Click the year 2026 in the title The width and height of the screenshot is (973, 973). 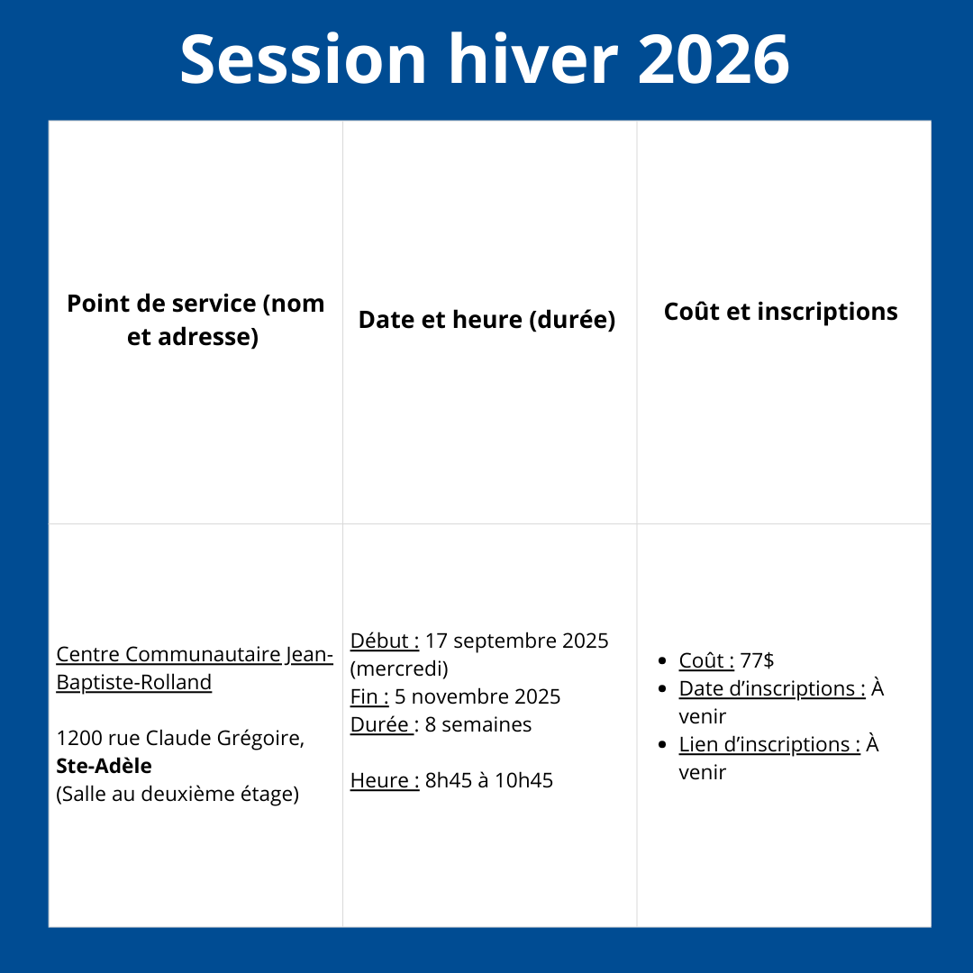(x=714, y=59)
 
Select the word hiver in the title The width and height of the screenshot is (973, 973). (x=533, y=59)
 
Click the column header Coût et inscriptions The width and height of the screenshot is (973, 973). (x=780, y=312)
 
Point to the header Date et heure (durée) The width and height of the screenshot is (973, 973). (x=487, y=320)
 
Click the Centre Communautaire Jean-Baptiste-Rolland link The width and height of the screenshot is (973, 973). (x=195, y=668)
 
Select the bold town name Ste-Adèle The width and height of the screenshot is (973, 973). (x=104, y=766)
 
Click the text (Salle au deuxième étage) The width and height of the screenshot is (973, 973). (x=177, y=795)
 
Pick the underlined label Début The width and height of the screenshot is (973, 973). (x=385, y=641)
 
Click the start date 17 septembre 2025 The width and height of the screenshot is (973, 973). (x=517, y=641)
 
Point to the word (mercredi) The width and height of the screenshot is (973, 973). (x=399, y=668)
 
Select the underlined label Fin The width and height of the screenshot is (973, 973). (x=369, y=696)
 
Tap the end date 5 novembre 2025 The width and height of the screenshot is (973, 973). (x=477, y=696)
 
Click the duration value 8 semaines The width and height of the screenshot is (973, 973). (x=478, y=724)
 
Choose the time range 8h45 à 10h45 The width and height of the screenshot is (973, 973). (x=489, y=780)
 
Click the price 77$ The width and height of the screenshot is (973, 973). (x=757, y=660)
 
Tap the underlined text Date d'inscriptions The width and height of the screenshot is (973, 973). (x=772, y=688)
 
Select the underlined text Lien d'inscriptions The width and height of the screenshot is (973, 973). (x=769, y=744)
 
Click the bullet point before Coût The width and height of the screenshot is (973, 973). (x=662, y=661)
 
